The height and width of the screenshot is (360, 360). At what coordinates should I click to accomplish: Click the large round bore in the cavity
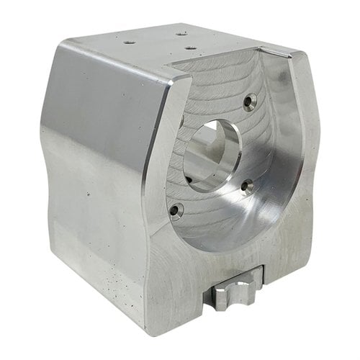coord(214,153)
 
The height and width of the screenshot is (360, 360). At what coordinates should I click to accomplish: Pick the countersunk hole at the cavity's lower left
coord(175,210)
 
